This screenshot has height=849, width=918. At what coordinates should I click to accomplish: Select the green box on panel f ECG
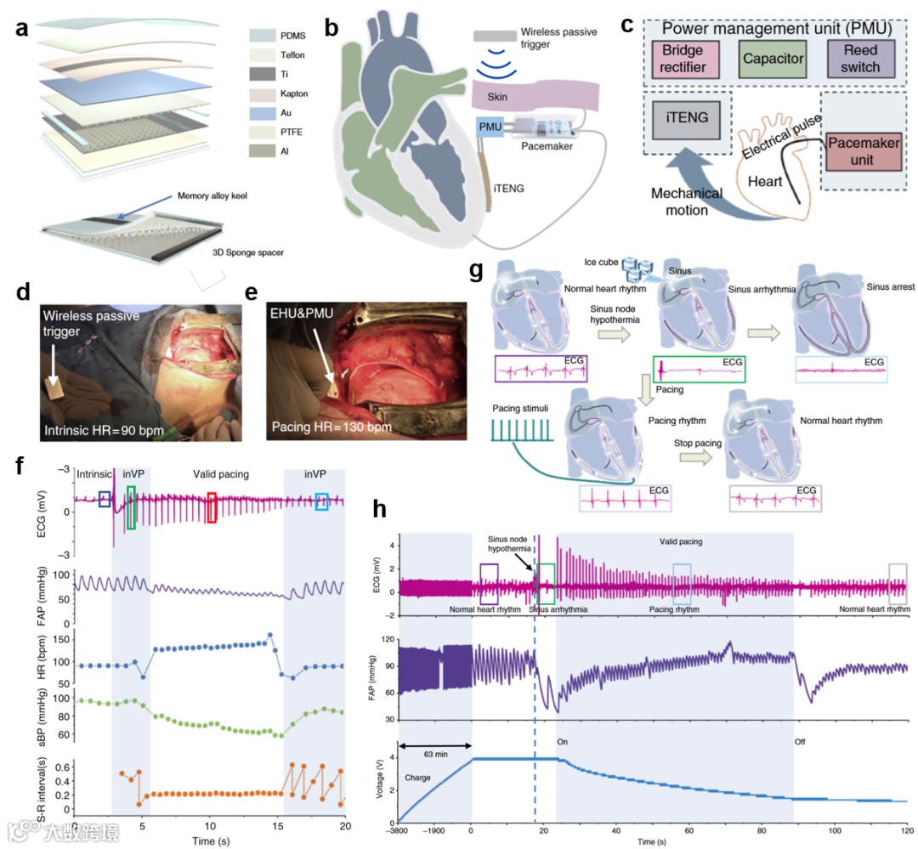coord(130,507)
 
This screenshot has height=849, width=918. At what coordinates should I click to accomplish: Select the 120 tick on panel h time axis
coord(908,829)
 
